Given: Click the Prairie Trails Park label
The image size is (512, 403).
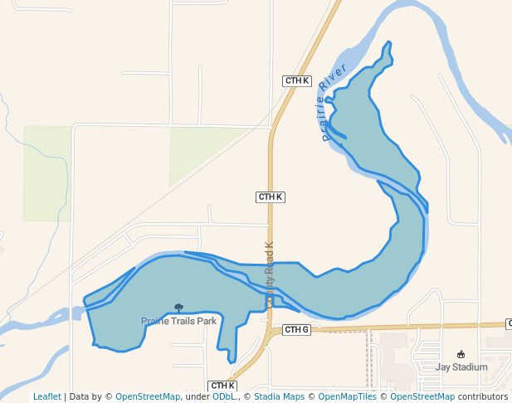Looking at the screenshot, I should pyautogui.click(x=178, y=321).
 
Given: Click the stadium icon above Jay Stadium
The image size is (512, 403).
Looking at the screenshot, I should pyautogui.click(x=461, y=355).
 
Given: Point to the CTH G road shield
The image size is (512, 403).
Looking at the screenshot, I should pyautogui.click(x=296, y=330).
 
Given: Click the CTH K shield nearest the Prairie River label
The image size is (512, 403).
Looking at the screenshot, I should pyautogui.click(x=296, y=81).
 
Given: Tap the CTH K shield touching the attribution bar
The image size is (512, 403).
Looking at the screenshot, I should pyautogui.click(x=222, y=386).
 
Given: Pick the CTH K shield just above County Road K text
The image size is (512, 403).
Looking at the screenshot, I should pyautogui.click(x=270, y=197).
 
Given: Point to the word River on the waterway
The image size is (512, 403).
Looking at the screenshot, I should pyautogui.click(x=338, y=78).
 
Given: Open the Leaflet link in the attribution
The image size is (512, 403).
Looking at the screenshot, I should pyautogui.click(x=47, y=396).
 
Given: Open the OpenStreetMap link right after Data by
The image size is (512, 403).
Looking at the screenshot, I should pyautogui.click(x=148, y=396).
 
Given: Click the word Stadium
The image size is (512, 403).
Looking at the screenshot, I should pyautogui.click(x=470, y=367).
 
